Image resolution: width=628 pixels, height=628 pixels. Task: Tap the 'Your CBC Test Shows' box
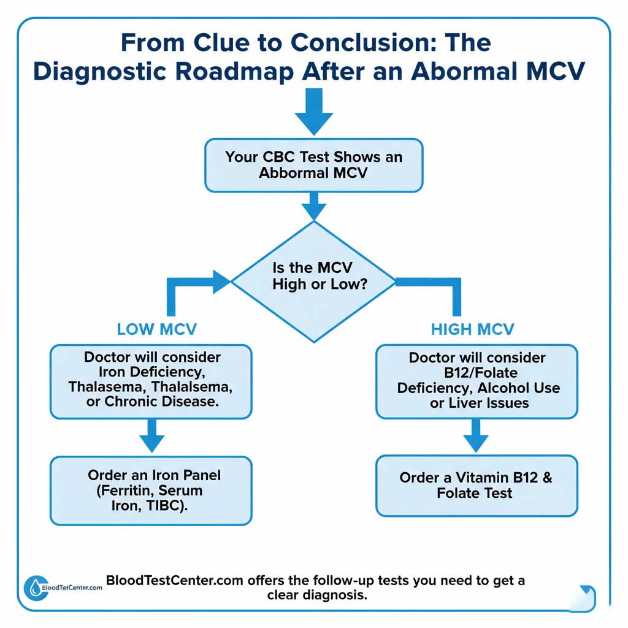[x=313, y=164]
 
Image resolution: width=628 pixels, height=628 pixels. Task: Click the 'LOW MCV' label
[x=156, y=329]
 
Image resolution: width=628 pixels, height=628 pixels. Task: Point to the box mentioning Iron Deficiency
[x=151, y=381]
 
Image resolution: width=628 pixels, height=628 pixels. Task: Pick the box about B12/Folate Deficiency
[x=477, y=381]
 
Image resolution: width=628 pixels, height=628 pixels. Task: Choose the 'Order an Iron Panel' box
[x=151, y=491]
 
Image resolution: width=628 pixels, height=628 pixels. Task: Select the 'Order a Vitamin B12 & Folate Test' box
[x=477, y=485]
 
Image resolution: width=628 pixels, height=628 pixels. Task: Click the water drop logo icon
[x=33, y=588]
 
